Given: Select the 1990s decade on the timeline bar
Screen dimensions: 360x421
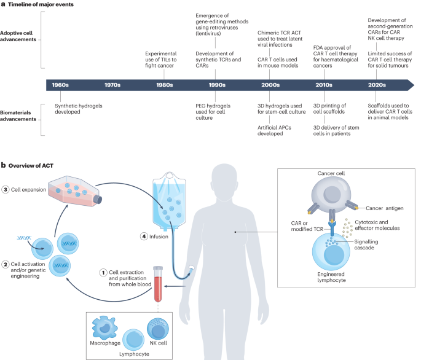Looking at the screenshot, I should coord(218,84).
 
